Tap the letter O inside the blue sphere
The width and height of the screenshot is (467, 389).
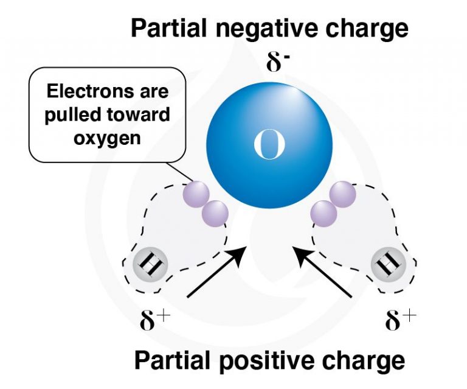click(x=268, y=146)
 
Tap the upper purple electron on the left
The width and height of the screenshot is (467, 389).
click(x=195, y=194)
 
